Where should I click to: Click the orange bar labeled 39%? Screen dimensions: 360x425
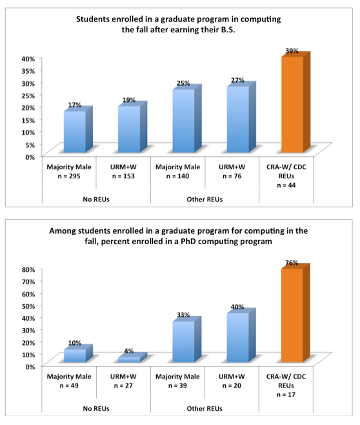296,103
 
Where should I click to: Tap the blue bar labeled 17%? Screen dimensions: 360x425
78,130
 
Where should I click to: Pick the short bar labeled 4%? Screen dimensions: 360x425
133,358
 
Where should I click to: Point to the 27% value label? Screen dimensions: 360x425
237,80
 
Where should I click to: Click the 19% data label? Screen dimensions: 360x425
129,100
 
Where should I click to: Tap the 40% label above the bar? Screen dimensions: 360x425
237,307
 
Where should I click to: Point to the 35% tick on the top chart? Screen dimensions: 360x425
28,71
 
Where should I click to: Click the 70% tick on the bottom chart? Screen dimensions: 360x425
28,282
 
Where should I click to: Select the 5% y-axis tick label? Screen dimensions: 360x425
30,145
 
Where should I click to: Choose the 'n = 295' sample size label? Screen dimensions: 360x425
69,176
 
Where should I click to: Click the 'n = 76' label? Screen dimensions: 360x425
232,176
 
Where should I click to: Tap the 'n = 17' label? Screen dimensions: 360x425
286,395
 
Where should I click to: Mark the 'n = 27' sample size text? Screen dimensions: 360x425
123,386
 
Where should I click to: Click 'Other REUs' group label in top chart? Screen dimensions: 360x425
205,200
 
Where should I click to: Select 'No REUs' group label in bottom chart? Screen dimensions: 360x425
96,409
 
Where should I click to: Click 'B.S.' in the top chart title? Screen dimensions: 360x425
228,30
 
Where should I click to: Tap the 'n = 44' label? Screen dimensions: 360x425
286,185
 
